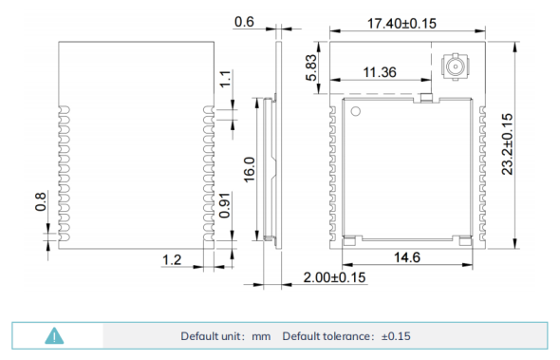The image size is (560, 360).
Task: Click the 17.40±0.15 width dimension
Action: click(x=401, y=24)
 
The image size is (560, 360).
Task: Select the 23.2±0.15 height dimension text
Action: click(x=507, y=144)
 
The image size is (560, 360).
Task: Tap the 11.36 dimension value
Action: click(x=380, y=72)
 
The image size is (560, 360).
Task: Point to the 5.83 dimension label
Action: click(x=311, y=67)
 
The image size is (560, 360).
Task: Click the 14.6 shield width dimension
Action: click(x=407, y=257)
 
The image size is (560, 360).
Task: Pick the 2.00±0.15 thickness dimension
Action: click(x=334, y=277)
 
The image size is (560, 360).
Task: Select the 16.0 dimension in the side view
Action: click(x=250, y=169)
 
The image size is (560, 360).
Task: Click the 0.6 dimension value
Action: click(x=244, y=22)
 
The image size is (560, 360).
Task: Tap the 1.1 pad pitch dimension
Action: click(x=225, y=79)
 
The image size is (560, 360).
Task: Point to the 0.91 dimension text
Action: click(x=225, y=205)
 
